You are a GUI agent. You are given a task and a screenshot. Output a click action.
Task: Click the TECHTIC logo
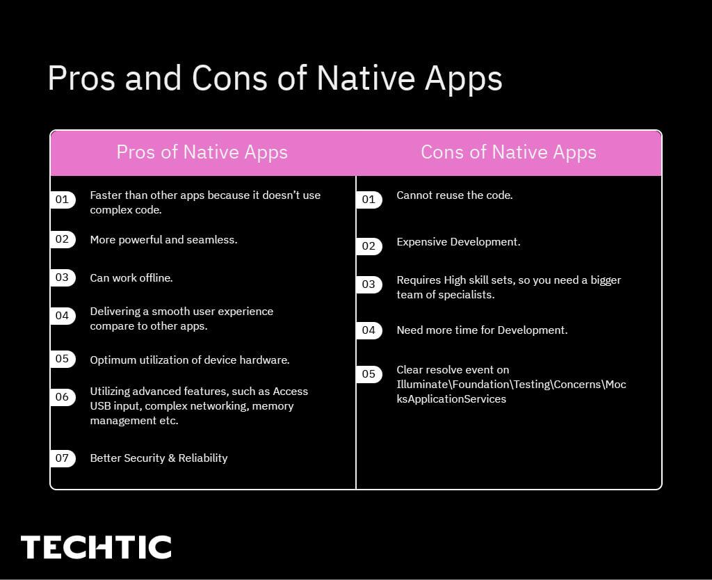(96, 547)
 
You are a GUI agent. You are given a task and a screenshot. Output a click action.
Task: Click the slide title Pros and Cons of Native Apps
(275, 78)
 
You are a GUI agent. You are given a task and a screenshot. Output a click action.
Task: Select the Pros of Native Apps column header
(202, 152)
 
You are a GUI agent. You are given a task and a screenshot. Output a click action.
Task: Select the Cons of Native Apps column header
(508, 152)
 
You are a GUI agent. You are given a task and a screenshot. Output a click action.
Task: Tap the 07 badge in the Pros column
(63, 458)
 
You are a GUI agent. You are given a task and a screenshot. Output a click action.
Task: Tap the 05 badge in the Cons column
(369, 374)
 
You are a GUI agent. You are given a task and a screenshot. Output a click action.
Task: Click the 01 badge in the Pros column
(63, 200)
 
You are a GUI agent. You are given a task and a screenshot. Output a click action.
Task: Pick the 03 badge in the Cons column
(369, 284)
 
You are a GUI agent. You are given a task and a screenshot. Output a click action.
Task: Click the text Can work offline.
(131, 278)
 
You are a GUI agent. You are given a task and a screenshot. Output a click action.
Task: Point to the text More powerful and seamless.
(163, 240)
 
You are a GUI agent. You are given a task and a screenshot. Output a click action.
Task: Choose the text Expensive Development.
(458, 242)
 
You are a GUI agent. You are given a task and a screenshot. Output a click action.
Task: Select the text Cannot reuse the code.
(454, 195)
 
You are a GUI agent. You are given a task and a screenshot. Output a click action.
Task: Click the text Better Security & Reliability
(159, 458)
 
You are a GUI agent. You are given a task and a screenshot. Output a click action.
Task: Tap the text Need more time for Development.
(482, 330)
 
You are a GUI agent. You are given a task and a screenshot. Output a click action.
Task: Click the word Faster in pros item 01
(106, 195)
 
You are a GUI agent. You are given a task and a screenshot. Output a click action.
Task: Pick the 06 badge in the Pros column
(63, 397)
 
